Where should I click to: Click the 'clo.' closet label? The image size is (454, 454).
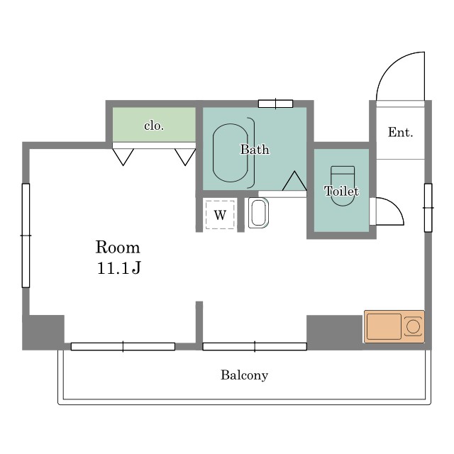point(154,126)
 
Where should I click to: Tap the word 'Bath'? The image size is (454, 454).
point(255,150)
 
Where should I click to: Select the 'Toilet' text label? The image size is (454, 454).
point(342,191)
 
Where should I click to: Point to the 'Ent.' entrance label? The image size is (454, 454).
point(400,133)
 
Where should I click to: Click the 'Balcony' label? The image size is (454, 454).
point(244,375)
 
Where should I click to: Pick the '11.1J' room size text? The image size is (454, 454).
point(118,268)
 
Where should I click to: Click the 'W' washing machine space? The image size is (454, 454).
point(220,215)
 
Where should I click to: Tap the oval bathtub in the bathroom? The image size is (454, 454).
point(231,153)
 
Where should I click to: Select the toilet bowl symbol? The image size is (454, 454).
point(343,186)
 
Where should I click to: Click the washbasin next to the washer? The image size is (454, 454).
point(258,213)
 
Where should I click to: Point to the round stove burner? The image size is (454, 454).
point(413,327)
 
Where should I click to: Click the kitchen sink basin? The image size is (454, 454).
point(384,326)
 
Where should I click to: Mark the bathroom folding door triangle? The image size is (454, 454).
point(294,181)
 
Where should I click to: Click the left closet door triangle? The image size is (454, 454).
point(123,157)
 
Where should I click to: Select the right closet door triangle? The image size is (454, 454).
point(185,157)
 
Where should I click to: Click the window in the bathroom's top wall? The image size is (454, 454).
point(276,104)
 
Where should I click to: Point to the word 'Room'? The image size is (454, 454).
point(118,248)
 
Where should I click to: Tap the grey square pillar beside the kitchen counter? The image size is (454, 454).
point(334,332)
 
